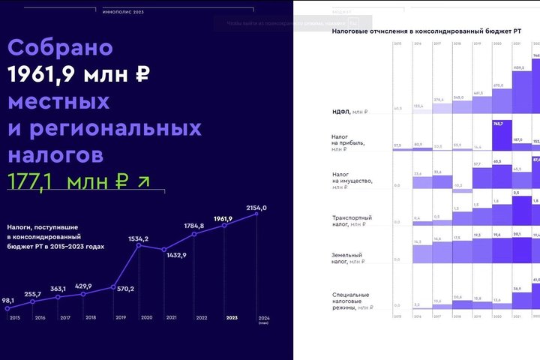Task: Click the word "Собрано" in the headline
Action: point(61,48)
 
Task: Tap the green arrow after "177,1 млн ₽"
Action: point(143,181)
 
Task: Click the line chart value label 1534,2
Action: point(138,238)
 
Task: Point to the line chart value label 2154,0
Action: point(256,207)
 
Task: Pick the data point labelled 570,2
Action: point(112,286)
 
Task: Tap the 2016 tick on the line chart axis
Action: point(40,318)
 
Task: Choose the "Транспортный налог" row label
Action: point(352,220)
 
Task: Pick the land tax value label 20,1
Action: point(517,234)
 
